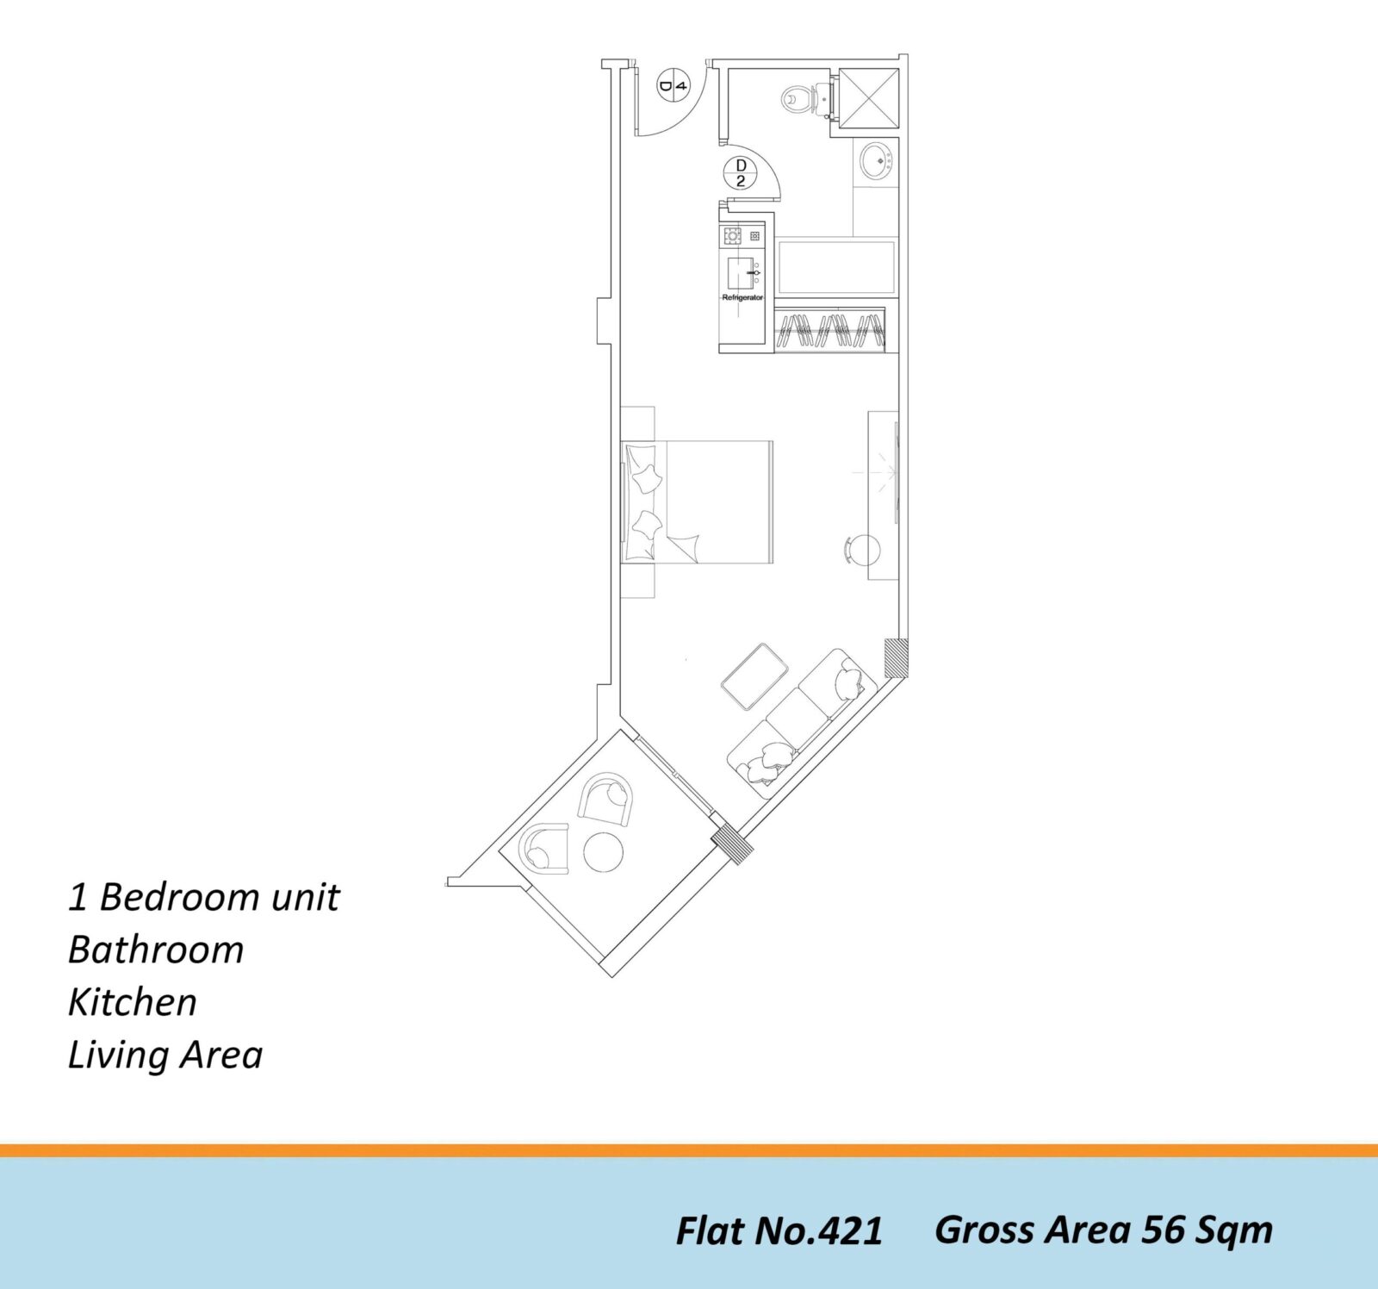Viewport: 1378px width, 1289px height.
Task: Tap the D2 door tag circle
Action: pyautogui.click(x=741, y=172)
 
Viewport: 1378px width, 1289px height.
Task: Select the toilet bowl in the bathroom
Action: pyautogui.click(x=798, y=99)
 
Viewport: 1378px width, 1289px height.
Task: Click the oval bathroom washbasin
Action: pyautogui.click(x=877, y=160)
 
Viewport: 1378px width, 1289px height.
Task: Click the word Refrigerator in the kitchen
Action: pyautogui.click(x=742, y=297)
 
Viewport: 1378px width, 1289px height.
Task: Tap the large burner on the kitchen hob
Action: pyautogui.click(x=732, y=235)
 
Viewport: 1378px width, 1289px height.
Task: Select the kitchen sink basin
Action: pyautogui.click(x=740, y=273)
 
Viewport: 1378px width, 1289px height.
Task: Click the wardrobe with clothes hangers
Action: pyautogui.click(x=830, y=330)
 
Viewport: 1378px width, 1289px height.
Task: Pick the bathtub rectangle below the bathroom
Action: pyautogui.click(x=836, y=268)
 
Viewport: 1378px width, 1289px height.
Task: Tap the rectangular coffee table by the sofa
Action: pyautogui.click(x=754, y=676)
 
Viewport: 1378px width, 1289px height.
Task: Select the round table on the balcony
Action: pyautogui.click(x=603, y=851)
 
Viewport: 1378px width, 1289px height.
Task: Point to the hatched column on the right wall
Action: pyautogui.click(x=897, y=658)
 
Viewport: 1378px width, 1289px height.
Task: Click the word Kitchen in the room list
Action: pyautogui.click(x=133, y=1002)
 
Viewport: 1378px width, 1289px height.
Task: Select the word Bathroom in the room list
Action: pyautogui.click(x=156, y=950)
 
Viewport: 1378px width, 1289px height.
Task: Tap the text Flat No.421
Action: pyautogui.click(x=779, y=1230)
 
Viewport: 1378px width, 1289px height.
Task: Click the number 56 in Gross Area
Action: pyautogui.click(x=1163, y=1229)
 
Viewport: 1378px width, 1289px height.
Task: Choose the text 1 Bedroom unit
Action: pyautogui.click(x=204, y=897)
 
